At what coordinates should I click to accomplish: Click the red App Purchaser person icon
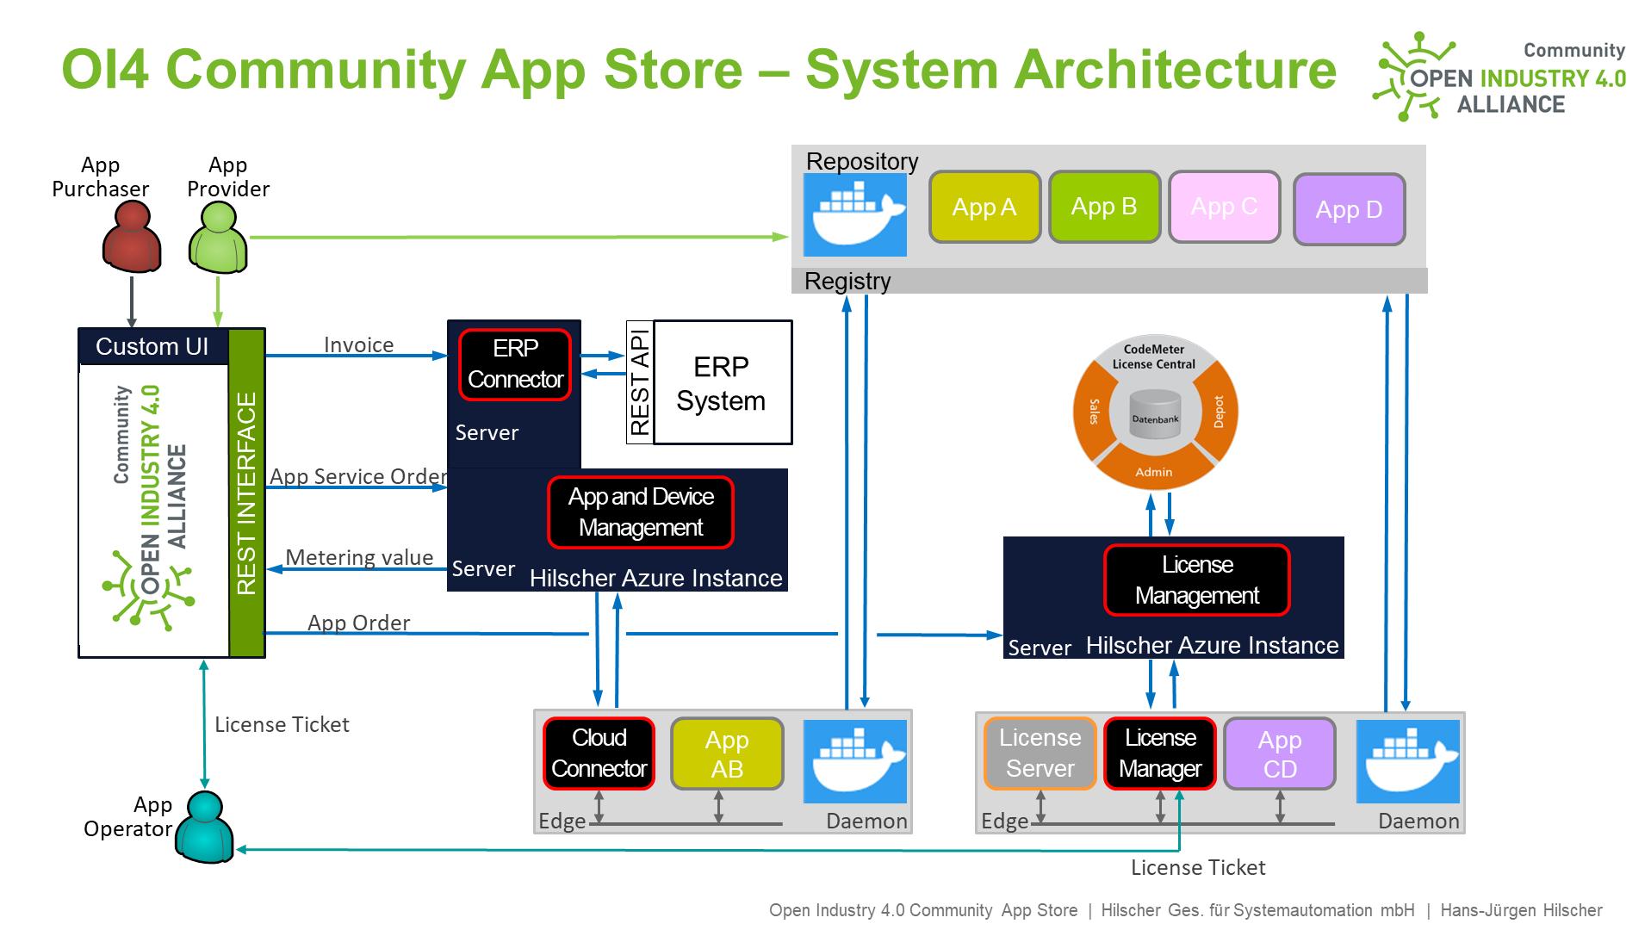[x=132, y=238]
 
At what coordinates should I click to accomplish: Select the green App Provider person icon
[x=218, y=238]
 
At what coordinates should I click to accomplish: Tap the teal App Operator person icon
[x=204, y=828]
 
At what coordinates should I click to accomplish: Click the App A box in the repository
[x=984, y=208]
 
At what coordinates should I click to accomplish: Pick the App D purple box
[x=1349, y=209]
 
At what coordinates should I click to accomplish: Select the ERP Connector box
[x=515, y=364]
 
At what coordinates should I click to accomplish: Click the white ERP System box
[x=722, y=383]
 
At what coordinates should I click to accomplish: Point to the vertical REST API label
[x=640, y=382]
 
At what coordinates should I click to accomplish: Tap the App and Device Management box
[x=641, y=512]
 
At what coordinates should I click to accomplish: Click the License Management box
[x=1196, y=580]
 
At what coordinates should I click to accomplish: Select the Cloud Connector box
[x=599, y=753]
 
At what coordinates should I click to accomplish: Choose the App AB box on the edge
[x=727, y=754]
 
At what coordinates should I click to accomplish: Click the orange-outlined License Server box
[x=1040, y=753]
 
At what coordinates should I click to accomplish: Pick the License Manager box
[x=1159, y=753]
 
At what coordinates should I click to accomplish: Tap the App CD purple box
[x=1279, y=754]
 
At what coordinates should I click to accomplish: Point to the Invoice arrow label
[x=358, y=344]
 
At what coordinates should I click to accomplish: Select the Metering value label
[x=359, y=557]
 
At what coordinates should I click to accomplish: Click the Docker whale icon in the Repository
[x=854, y=215]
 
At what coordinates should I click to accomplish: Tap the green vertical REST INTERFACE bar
[x=246, y=493]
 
